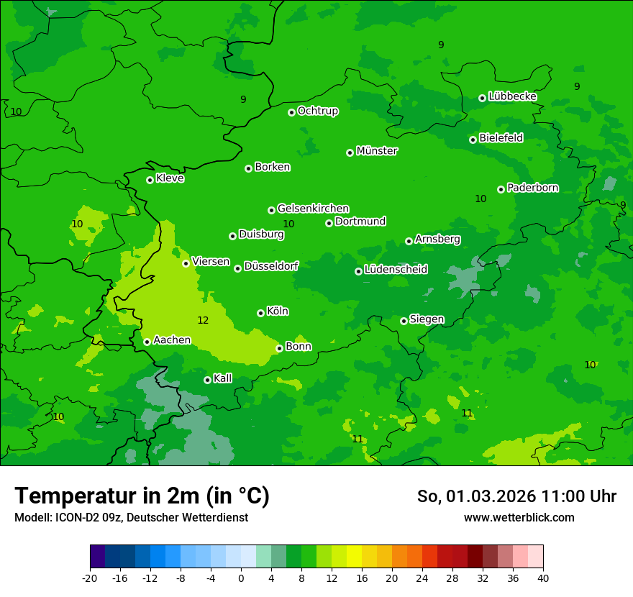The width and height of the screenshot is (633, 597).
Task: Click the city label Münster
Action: tap(377, 151)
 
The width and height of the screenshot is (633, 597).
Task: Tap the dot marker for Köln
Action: tap(260, 313)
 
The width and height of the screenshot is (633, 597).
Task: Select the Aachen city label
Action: tap(172, 340)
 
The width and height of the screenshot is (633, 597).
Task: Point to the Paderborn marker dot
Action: tap(501, 189)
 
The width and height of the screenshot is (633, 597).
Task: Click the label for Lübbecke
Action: tap(512, 96)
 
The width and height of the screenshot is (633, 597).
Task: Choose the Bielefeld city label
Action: tap(501, 138)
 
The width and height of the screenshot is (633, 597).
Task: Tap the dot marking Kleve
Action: tap(150, 180)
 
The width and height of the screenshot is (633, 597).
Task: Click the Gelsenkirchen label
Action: tap(313, 209)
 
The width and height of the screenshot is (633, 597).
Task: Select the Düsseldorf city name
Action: tap(271, 266)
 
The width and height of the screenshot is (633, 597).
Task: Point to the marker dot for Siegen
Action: tap(404, 321)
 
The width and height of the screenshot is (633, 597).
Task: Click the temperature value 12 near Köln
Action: tap(203, 320)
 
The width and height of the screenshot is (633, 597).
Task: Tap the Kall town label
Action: tap(223, 378)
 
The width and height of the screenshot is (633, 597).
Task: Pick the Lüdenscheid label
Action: tap(396, 270)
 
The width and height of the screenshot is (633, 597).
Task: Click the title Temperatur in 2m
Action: tap(142, 496)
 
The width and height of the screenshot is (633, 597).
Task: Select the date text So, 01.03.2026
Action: tap(475, 496)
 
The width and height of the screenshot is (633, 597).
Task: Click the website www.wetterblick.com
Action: tap(519, 517)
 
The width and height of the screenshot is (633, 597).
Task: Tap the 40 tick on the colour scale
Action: tap(543, 578)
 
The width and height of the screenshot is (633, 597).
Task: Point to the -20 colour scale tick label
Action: tap(90, 578)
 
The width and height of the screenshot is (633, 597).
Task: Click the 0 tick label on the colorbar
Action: tap(241, 578)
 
